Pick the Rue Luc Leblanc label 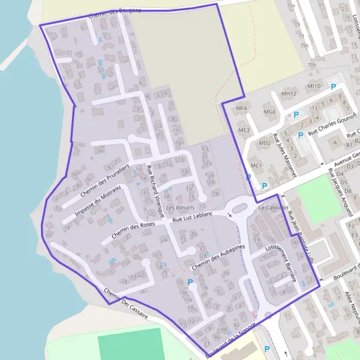pyautogui.click(x=192, y=220)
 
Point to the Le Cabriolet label pyautogui.click(x=269, y=207)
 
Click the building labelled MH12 pyautogui.click(x=289, y=94)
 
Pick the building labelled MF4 pyautogui.click(x=241, y=108)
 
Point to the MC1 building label pyautogui.click(x=256, y=165)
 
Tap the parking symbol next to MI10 pyautogui.click(x=333, y=87)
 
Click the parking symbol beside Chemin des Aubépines pyautogui.click(x=191, y=282)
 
